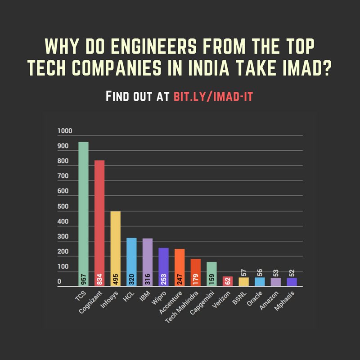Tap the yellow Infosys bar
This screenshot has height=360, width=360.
pos(115,247)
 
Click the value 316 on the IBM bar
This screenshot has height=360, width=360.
pos(148,279)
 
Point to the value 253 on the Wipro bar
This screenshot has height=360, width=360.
pos(163,279)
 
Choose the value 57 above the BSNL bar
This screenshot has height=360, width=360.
pos(244,272)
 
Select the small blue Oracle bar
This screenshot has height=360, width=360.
pos(260,282)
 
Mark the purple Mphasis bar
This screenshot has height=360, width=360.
pos(292,282)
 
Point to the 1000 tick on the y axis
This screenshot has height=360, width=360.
pos(65,131)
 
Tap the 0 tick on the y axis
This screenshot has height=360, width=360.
pos(59,282)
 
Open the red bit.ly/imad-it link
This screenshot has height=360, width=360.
pos(214,96)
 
